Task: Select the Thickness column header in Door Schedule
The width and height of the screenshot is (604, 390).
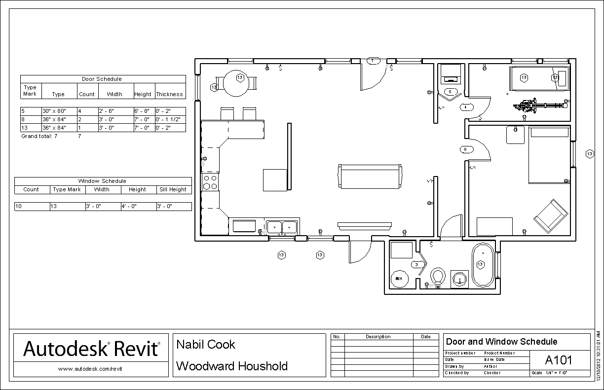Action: (x=169, y=94)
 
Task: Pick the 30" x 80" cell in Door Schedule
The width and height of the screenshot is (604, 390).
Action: (x=58, y=111)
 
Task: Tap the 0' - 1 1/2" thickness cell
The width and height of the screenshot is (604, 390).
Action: (x=169, y=119)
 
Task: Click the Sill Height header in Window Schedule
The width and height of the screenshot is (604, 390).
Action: (x=172, y=189)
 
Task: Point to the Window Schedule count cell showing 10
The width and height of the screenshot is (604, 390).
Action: (x=31, y=207)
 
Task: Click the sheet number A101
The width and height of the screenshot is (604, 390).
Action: (x=559, y=359)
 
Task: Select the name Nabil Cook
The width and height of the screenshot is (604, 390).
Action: (x=206, y=344)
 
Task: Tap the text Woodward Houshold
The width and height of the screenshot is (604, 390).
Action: (x=232, y=366)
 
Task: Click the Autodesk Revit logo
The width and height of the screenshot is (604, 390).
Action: (x=92, y=349)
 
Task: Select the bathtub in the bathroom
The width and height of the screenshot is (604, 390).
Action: (x=483, y=265)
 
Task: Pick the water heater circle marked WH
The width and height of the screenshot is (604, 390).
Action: (x=399, y=279)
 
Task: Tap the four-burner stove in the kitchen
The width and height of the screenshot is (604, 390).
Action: (x=210, y=182)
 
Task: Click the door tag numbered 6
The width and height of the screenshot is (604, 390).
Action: (x=465, y=149)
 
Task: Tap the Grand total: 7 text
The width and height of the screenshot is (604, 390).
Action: (x=39, y=136)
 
